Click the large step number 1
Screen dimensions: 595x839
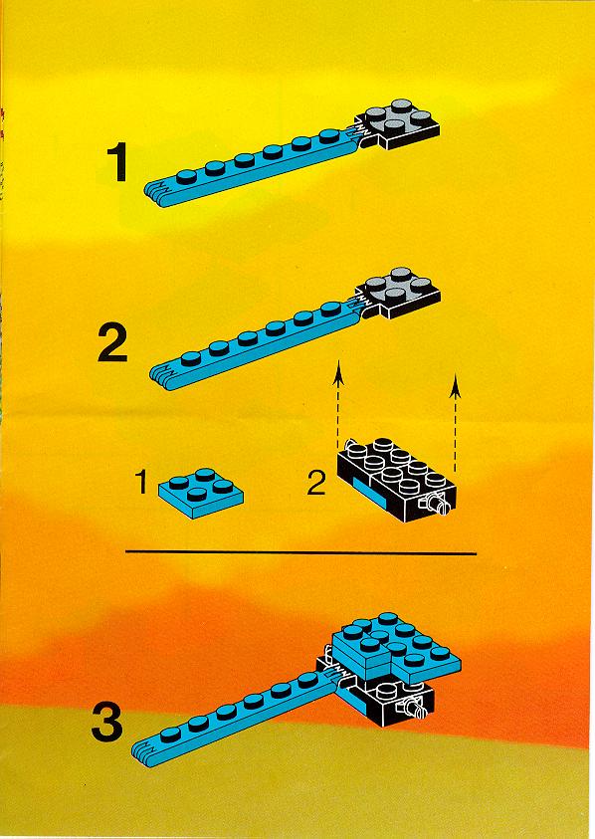point(117,161)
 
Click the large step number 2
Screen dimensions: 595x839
point(112,343)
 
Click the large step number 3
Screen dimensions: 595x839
point(107,723)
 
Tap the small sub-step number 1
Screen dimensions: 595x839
point(141,482)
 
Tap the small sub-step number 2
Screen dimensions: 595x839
point(316,483)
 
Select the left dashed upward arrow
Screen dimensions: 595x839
point(338,404)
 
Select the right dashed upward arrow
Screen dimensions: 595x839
point(455,423)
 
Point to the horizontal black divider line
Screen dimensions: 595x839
point(300,553)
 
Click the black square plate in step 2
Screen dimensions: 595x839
point(400,293)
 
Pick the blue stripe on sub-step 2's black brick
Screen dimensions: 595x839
point(369,490)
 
